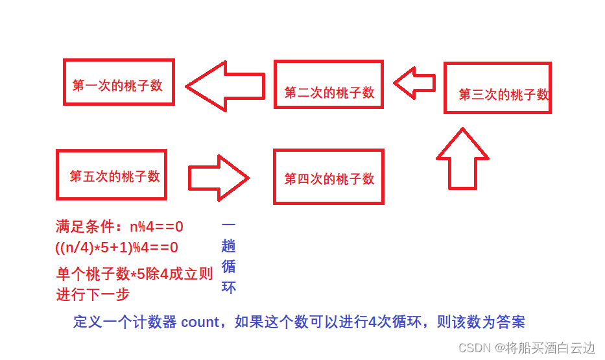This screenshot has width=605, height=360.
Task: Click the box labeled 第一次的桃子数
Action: (x=119, y=82)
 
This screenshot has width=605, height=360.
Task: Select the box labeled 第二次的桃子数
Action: (x=328, y=84)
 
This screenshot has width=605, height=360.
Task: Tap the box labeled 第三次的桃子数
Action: (x=497, y=88)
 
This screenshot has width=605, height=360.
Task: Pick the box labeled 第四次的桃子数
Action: (x=328, y=177)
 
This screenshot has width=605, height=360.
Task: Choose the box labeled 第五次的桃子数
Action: (x=112, y=174)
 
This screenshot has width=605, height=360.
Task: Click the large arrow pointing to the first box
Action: (x=225, y=86)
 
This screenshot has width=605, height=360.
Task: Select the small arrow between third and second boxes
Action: (x=414, y=84)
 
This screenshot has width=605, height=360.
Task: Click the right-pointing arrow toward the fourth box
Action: (x=219, y=177)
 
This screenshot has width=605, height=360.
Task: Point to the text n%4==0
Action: (x=156, y=227)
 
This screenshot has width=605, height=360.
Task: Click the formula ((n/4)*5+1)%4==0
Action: (x=117, y=247)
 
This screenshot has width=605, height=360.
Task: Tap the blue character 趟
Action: (x=228, y=246)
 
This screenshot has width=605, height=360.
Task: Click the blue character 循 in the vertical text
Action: (x=228, y=266)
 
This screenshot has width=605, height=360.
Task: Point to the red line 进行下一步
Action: (x=93, y=294)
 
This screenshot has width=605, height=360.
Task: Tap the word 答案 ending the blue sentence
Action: (x=511, y=322)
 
